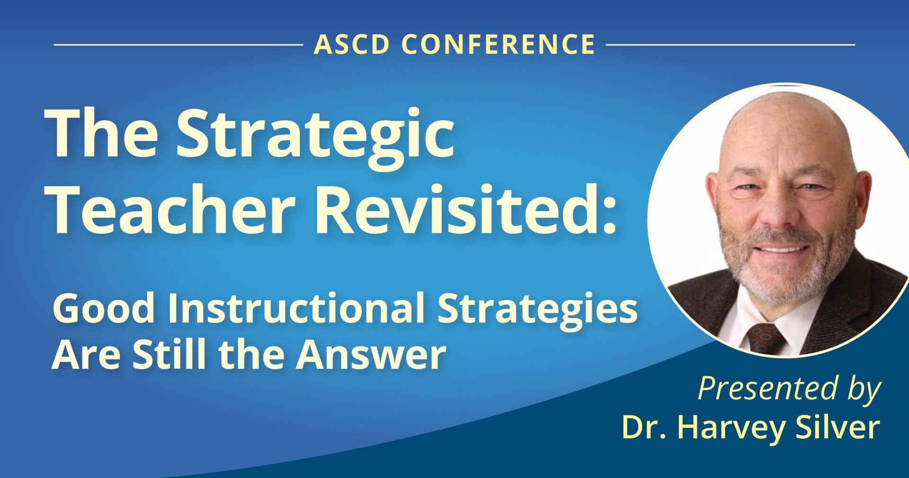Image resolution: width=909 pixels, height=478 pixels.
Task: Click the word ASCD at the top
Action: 352,44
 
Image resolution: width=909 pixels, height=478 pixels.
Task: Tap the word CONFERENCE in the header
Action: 499,44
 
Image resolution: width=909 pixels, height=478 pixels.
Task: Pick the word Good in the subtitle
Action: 103,308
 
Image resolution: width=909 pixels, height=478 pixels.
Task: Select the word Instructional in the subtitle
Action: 296,308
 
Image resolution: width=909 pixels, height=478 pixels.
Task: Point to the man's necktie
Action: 766,339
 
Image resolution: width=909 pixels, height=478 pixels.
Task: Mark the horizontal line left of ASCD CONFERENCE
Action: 178,45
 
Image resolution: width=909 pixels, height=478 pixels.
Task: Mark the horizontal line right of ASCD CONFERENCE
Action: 731,45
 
